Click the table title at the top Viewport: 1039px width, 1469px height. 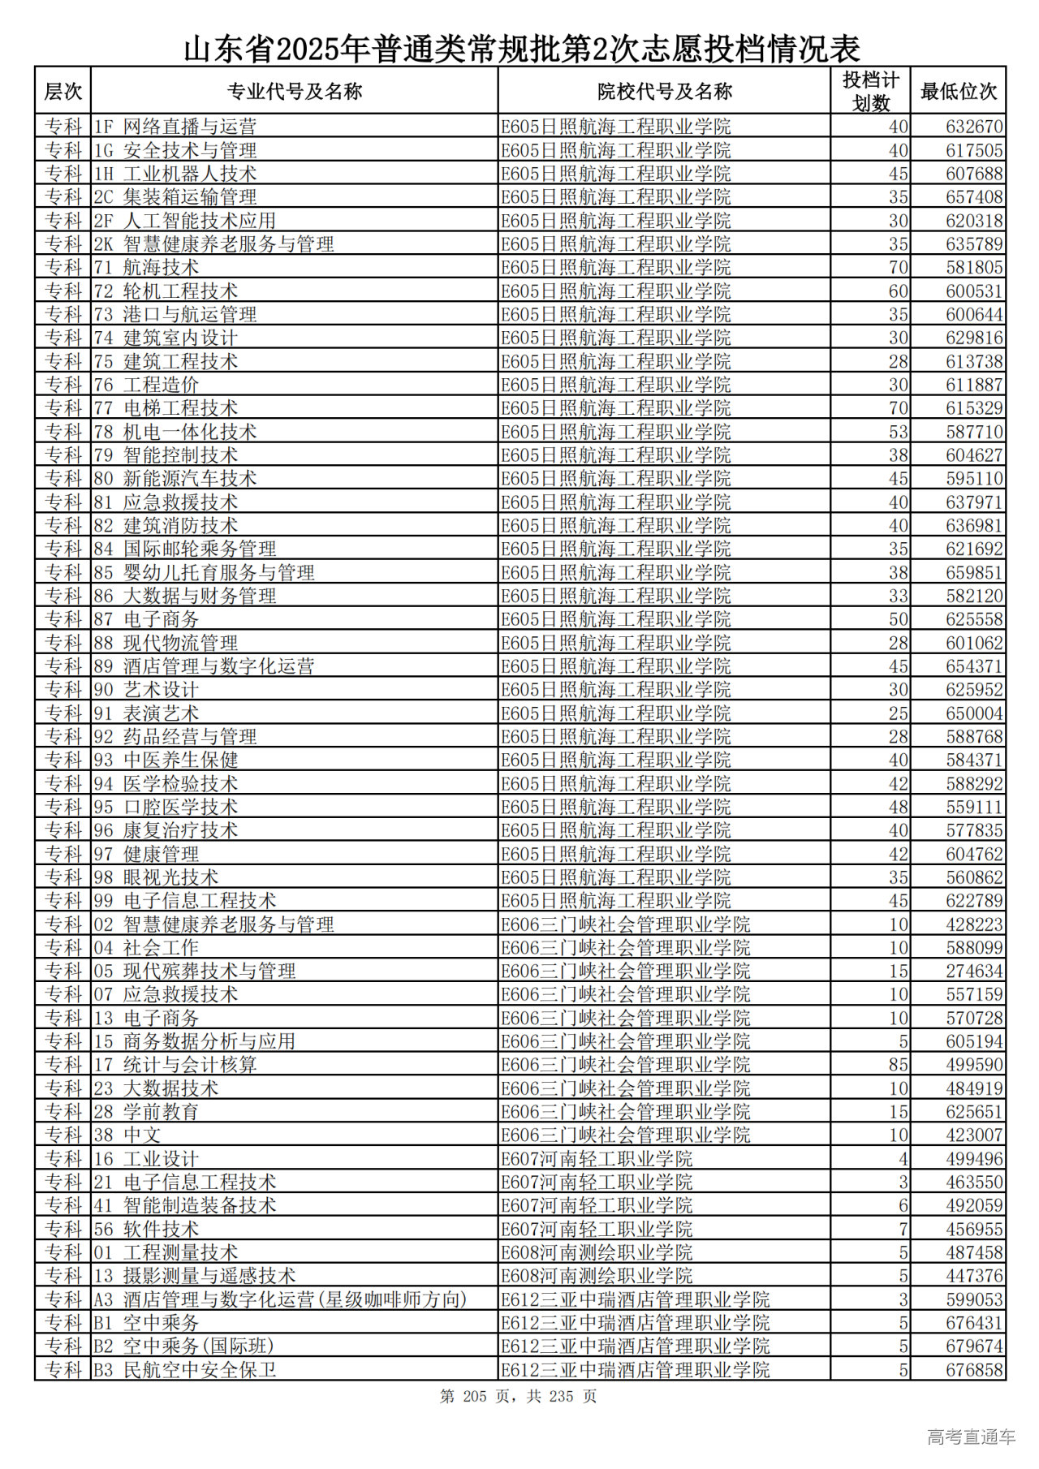coord(521,50)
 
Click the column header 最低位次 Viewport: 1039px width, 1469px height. coord(958,92)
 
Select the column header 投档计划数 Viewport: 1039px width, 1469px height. coord(870,92)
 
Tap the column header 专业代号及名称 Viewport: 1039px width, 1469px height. coord(294,92)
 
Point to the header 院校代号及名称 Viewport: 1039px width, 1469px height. coord(664,92)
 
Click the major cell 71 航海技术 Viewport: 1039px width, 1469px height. coord(146,268)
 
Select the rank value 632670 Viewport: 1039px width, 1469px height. coord(974,127)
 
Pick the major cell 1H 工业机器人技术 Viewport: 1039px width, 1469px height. coord(175,174)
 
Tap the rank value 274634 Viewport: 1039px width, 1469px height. coord(974,971)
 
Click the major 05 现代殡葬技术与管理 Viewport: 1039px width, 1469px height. coord(194,971)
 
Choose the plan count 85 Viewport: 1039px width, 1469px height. coord(898,1065)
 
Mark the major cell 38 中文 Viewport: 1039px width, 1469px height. coord(127,1135)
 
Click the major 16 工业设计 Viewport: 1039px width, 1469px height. coord(146,1159)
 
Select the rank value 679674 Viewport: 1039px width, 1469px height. coord(974,1346)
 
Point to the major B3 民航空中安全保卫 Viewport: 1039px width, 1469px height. coord(184,1370)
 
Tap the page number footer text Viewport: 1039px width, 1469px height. coord(518,1397)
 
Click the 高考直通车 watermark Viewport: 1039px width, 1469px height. coord(971,1437)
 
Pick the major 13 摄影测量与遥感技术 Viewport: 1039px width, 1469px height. coord(194,1276)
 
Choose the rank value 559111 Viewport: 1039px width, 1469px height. coord(974,808)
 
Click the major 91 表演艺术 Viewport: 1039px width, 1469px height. coord(146,713)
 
